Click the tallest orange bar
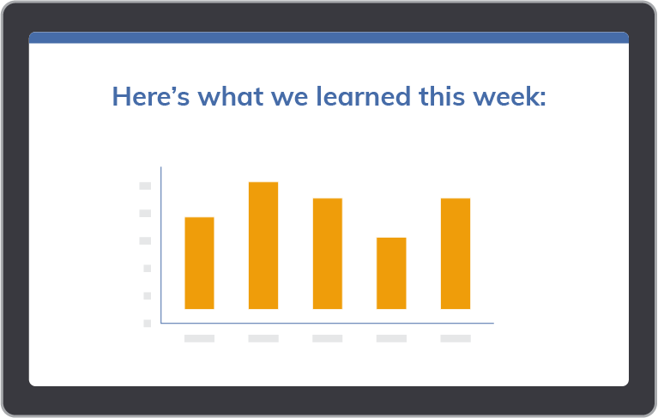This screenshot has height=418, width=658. (x=263, y=245)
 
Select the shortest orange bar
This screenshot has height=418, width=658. (x=391, y=273)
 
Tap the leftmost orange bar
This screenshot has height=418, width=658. (x=199, y=264)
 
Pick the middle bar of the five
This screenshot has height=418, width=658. (x=328, y=253)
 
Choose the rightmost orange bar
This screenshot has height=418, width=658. (x=456, y=253)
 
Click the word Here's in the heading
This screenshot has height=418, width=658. (x=151, y=96)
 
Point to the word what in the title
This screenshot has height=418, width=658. (x=231, y=96)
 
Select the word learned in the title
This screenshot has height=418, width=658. (x=363, y=96)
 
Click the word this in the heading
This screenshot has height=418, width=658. (x=442, y=96)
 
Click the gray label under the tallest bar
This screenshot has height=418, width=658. (x=263, y=338)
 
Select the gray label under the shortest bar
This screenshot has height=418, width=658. (x=391, y=338)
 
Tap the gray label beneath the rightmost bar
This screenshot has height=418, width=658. (x=456, y=338)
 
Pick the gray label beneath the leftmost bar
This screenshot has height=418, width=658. (x=199, y=338)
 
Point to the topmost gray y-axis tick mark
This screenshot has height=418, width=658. (x=145, y=185)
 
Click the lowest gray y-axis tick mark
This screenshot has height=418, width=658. (x=148, y=323)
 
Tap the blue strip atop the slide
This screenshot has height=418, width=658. (x=329, y=38)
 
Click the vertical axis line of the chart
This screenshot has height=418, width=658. (x=160, y=245)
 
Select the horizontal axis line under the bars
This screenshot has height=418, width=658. (x=328, y=323)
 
